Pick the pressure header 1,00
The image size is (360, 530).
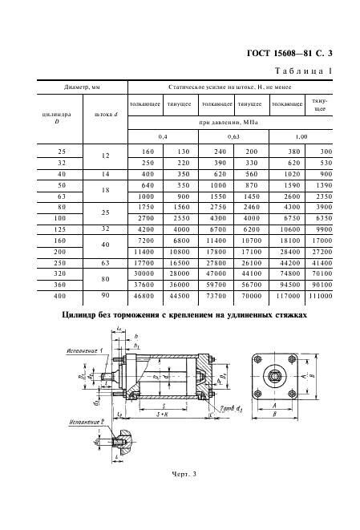[301, 138]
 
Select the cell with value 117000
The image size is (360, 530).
[287, 295]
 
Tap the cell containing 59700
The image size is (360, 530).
[217, 282]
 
